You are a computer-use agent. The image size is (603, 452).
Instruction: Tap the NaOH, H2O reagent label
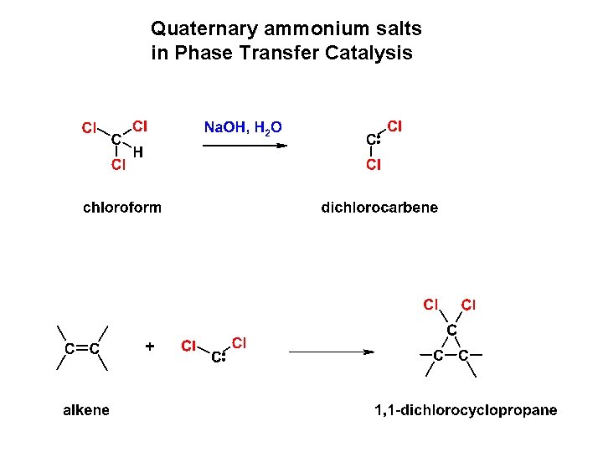pos(243,127)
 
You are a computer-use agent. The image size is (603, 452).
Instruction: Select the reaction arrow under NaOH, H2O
pos(245,145)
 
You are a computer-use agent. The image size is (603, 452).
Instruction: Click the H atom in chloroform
pos(138,153)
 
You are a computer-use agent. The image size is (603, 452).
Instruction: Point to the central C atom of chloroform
pos(116,140)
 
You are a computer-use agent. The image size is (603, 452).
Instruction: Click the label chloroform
pos(122,207)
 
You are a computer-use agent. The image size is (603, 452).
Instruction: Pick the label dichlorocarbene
pos(379,207)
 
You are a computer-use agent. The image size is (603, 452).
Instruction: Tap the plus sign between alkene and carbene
pos(150,345)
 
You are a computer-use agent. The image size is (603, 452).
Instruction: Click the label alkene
pos(86,409)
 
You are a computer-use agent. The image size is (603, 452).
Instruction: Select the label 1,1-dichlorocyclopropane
pos(465,410)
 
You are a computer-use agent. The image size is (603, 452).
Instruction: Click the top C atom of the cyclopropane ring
pos(451,331)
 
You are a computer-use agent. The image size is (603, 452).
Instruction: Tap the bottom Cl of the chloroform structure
pos(118,165)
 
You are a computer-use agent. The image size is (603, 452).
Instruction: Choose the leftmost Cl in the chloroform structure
pos(89,128)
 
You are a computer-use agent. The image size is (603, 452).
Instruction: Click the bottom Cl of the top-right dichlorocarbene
pos(373,165)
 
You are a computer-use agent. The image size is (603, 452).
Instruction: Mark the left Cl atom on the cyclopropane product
pos(431,304)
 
